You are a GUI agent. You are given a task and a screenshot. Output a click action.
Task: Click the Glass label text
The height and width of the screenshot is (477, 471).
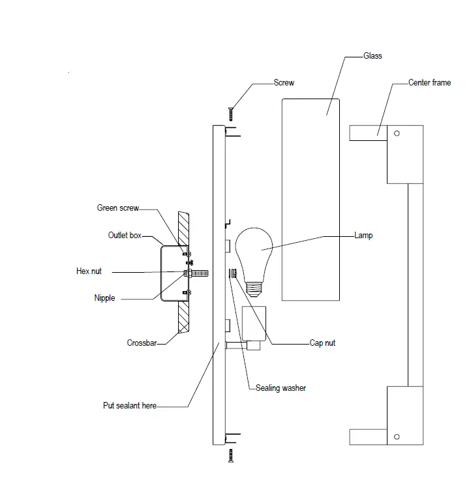(x=373, y=56)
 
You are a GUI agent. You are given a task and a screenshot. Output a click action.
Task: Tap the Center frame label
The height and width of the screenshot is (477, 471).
(x=429, y=83)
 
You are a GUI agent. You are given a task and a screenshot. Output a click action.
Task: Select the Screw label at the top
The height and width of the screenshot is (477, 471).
(x=284, y=83)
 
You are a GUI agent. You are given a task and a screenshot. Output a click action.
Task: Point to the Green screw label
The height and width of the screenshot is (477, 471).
(x=117, y=208)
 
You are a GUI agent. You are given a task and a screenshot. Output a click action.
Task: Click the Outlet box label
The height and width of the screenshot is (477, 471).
(x=125, y=235)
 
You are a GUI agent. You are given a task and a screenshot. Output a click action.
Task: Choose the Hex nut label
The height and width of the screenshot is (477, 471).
(x=89, y=271)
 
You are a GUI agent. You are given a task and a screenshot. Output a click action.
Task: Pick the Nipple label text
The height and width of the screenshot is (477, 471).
(x=104, y=298)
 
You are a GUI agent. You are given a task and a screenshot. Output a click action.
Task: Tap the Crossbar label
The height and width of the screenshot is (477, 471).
(x=142, y=343)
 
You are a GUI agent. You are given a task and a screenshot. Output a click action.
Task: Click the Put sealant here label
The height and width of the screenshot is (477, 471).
(x=130, y=405)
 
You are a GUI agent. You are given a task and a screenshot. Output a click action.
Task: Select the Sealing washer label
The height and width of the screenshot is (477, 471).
(x=280, y=388)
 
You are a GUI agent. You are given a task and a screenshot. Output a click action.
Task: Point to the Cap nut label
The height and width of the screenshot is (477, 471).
(x=322, y=343)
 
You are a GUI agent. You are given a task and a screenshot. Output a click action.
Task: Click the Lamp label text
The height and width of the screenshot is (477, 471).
(x=363, y=235)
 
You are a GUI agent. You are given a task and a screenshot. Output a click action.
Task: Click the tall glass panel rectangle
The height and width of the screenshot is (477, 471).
(x=311, y=199)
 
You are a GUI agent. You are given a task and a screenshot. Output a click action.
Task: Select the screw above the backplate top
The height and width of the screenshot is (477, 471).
(x=230, y=113)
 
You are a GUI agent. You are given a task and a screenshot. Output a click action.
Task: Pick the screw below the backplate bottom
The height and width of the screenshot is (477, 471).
(x=230, y=456)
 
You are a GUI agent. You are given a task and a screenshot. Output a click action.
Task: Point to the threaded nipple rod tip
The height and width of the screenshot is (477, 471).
(x=205, y=272)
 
